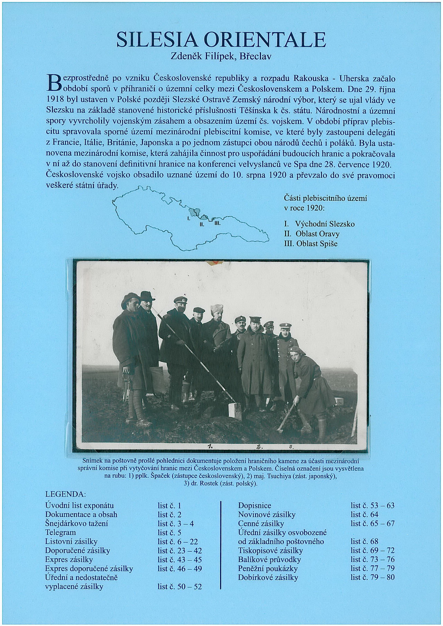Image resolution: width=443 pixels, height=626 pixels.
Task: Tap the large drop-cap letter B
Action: [x=54, y=81]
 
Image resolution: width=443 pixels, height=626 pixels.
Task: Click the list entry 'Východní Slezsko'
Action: [x=324, y=224]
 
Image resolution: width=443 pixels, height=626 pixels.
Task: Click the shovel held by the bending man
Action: [x=286, y=415]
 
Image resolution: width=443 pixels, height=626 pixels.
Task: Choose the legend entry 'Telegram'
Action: [x=61, y=532]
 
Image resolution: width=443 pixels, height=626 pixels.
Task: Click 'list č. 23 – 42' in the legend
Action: [x=180, y=550]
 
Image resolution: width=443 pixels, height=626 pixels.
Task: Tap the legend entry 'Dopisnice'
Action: [x=254, y=506]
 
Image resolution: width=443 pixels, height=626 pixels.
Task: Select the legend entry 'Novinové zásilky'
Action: [x=266, y=515]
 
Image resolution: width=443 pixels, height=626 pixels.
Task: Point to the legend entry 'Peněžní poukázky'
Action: [x=268, y=568]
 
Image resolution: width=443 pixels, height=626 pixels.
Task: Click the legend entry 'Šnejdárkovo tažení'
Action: [x=77, y=524]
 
